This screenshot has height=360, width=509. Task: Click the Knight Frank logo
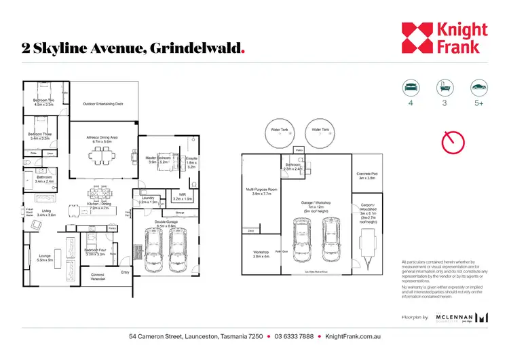pos(444,38)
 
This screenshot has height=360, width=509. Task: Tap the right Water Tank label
pos(320,129)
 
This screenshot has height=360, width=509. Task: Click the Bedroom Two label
pos(43,103)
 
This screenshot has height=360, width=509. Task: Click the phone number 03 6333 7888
pos(294,336)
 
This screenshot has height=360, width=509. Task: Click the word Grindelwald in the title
pos(195,49)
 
